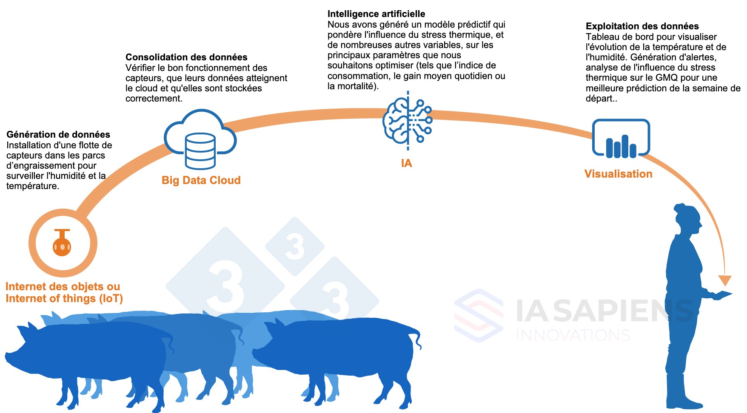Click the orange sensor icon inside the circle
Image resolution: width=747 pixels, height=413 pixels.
(x=62, y=243)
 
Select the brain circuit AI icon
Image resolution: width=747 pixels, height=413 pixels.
(x=408, y=121)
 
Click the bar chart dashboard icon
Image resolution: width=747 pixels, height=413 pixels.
(x=621, y=139)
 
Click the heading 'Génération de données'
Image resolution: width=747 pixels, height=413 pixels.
(x=58, y=135)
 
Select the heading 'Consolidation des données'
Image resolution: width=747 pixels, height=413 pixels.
(x=186, y=57)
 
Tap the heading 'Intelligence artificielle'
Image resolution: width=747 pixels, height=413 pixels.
(x=376, y=14)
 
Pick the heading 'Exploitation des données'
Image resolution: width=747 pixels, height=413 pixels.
(x=642, y=26)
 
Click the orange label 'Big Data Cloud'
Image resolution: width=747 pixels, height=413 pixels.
(x=201, y=180)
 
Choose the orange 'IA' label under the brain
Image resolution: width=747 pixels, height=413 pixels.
(x=406, y=163)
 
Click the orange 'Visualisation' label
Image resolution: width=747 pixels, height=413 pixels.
(x=618, y=174)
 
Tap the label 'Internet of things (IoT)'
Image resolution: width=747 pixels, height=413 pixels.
(x=64, y=299)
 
